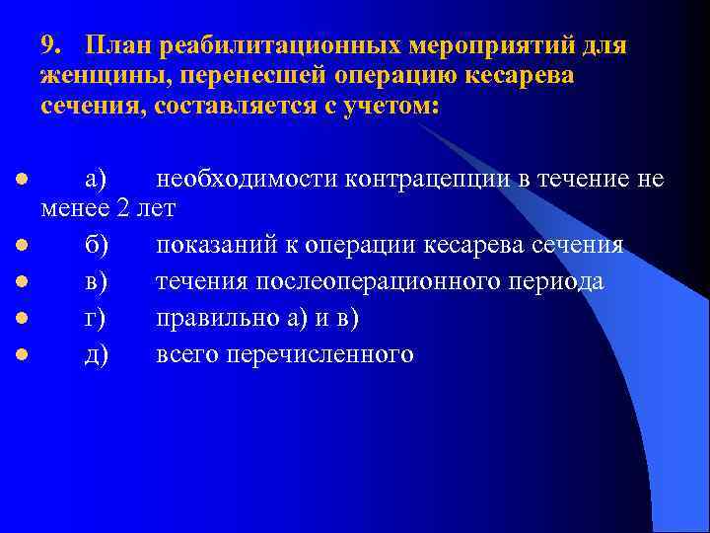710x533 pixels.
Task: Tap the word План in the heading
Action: (x=116, y=46)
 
